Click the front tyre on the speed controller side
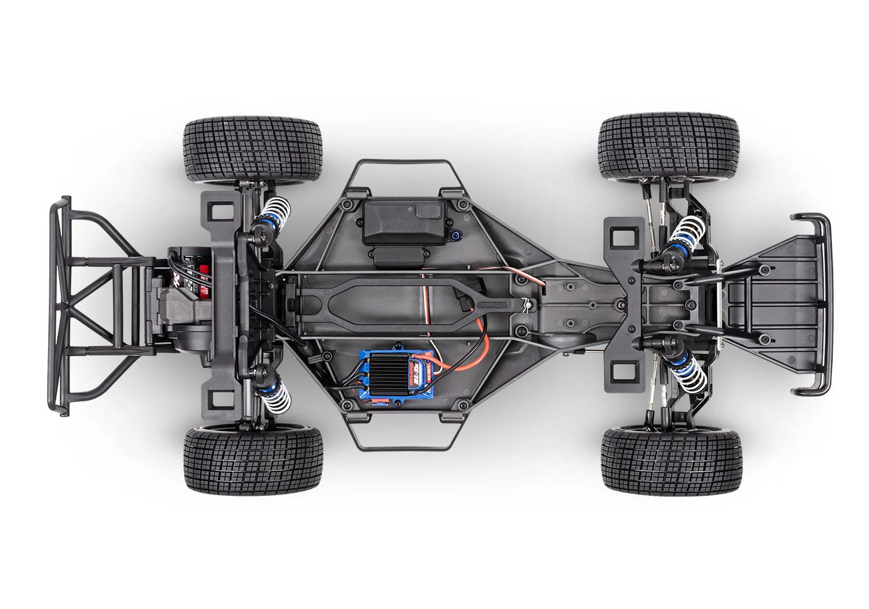point(671,461)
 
